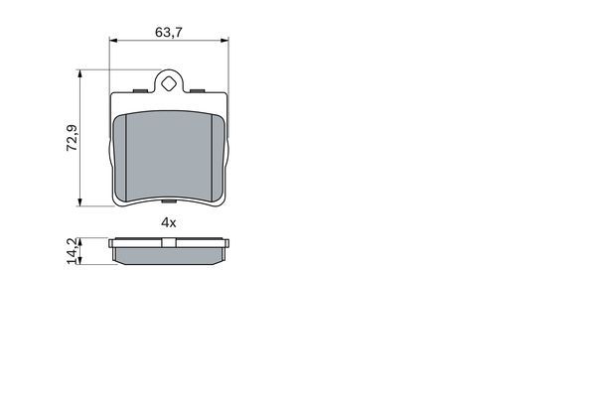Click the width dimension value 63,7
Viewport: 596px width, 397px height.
(x=168, y=32)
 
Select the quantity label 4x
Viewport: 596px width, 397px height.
(x=168, y=223)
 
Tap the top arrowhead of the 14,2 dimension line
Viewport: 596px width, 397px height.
(x=80, y=239)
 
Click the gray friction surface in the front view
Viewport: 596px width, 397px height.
(x=169, y=154)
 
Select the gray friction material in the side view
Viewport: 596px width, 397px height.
(x=169, y=255)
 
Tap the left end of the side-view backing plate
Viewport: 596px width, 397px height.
(x=109, y=243)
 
